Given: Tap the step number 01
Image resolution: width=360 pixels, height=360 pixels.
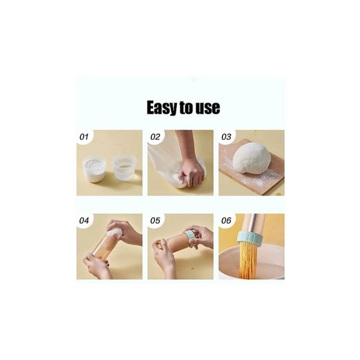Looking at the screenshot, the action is (84, 137).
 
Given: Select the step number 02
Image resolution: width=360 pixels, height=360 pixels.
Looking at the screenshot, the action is (155, 137).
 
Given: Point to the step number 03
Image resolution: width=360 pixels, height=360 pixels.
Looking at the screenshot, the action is (226, 137).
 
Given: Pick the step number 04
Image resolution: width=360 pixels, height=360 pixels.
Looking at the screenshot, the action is (84, 221).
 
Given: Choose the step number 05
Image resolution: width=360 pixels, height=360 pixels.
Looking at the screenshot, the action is (155, 221).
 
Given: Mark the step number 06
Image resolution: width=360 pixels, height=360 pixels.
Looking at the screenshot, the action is (226, 221).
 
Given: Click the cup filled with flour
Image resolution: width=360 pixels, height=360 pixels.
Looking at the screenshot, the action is (94, 169).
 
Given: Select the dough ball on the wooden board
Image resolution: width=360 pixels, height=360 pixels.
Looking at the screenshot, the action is (252, 158).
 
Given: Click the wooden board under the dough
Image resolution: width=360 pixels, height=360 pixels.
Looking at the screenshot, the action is (251, 177).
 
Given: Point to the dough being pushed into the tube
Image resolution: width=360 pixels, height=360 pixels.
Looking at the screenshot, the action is (115, 231).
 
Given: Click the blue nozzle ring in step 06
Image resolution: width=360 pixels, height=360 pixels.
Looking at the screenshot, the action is (249, 239).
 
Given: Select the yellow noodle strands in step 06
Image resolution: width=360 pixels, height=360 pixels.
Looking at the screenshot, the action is (249, 262).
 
